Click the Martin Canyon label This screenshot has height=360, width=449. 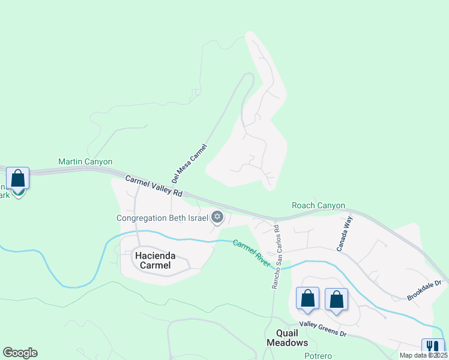tap(85, 162)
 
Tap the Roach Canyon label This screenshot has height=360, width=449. tap(318, 206)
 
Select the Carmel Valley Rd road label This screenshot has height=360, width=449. tap(154, 186)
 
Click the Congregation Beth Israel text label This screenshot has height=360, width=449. tap(162, 218)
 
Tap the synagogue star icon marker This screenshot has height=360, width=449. tap(217, 217)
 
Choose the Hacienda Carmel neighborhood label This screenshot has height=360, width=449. tap(152, 260)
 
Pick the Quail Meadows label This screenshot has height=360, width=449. tap(287, 338)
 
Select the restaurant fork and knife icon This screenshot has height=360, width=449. tap(432, 347)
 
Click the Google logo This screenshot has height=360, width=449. tap(20, 353)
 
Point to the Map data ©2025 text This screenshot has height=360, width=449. tap(423, 355)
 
